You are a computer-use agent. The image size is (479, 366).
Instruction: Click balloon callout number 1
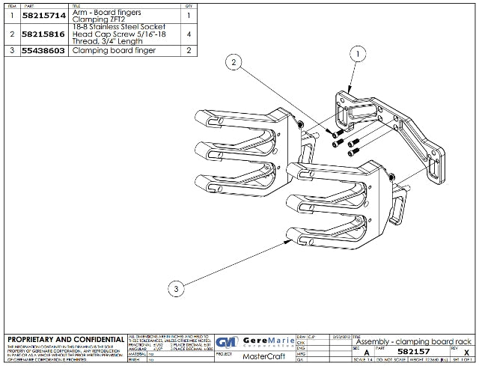click(359, 55)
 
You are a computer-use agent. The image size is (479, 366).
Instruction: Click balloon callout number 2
click(236, 64)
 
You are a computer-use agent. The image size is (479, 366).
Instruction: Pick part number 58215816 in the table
click(44, 34)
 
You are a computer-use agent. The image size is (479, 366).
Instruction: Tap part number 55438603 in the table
click(44, 51)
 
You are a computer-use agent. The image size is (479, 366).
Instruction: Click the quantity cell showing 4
click(188, 34)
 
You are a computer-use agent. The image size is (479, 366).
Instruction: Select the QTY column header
click(188, 6)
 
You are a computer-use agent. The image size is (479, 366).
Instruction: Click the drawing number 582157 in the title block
click(414, 351)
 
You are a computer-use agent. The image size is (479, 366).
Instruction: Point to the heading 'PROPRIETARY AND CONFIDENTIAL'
click(66, 339)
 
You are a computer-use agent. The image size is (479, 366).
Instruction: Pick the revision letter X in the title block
click(466, 351)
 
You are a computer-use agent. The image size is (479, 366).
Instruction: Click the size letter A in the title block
click(366, 352)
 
